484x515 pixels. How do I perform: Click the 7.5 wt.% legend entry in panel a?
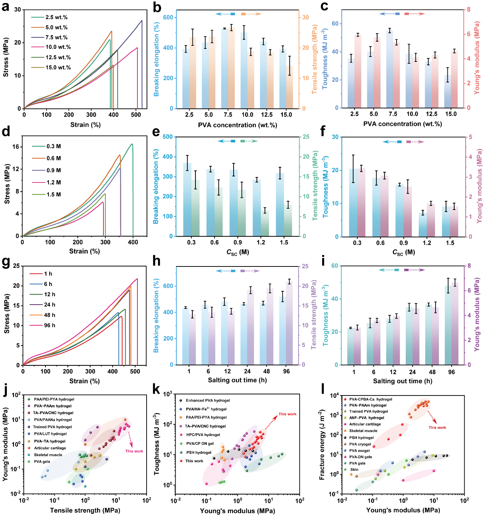(56, 37)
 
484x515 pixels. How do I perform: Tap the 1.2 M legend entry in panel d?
(53, 182)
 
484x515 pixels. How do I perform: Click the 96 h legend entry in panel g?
(49, 325)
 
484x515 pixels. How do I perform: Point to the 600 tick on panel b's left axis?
(168, 17)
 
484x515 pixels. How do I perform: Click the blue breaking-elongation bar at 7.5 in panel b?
(224, 69)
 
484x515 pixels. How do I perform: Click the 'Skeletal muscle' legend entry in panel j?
(48, 455)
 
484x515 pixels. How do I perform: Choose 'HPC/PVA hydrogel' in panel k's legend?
(203, 434)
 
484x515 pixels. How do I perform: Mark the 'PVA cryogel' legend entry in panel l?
(360, 444)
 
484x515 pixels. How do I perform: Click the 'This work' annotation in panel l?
(437, 428)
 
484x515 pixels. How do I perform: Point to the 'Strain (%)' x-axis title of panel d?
(84, 251)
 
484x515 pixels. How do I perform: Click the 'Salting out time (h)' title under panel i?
(402, 381)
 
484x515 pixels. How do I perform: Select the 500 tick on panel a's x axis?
(136, 115)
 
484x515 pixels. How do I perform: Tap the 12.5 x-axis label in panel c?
(431, 114)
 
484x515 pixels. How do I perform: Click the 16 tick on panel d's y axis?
(15, 147)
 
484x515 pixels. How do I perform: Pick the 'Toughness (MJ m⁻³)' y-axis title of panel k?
(157, 444)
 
